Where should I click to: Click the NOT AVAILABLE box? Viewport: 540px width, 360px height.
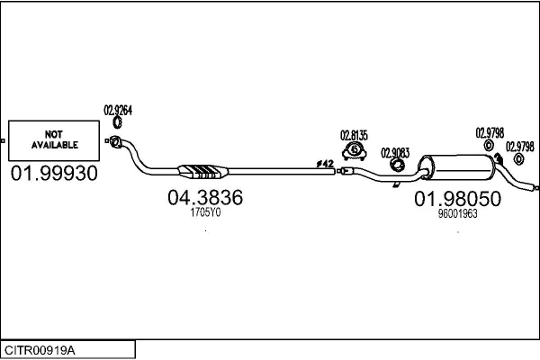click(54, 140)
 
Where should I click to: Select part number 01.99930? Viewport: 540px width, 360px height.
click(54, 174)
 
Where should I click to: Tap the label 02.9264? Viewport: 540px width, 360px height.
click(118, 110)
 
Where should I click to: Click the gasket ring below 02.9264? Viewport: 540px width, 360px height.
click(117, 122)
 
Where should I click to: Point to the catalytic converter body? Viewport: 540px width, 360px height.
click(202, 172)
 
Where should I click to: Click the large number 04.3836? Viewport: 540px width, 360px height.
click(205, 197)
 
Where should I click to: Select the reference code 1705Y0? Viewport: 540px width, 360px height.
click(205, 212)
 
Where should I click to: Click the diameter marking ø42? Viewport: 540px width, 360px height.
click(325, 164)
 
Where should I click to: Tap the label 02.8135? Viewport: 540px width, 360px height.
click(354, 135)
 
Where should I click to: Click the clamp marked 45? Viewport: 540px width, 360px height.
click(355, 151)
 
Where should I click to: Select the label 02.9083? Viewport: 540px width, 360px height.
click(395, 153)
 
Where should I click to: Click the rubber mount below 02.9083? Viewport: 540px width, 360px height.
click(397, 166)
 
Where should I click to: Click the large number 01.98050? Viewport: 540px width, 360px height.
click(458, 199)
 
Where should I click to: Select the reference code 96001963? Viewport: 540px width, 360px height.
click(458, 214)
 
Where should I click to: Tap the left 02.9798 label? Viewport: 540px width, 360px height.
click(490, 133)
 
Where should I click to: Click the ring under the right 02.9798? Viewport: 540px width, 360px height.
click(518, 159)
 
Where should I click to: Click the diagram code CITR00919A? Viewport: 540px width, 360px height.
click(40, 351)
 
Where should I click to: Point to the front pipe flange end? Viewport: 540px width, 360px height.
click(115, 141)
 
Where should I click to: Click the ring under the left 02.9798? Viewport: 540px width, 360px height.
click(489, 146)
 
